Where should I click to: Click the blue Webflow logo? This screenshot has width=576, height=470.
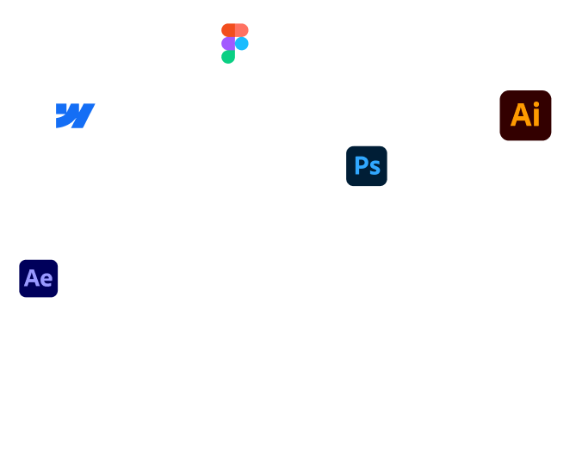click(75, 115)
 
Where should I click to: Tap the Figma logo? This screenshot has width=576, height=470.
click(234, 43)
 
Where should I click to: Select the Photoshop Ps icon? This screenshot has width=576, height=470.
click(367, 165)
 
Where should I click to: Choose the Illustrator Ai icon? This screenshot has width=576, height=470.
click(525, 115)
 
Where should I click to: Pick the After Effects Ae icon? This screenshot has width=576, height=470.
click(39, 278)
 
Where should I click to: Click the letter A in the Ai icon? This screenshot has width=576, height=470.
click(519, 115)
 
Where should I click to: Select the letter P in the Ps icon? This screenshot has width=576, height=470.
click(361, 164)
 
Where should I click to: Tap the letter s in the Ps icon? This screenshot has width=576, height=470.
click(374, 167)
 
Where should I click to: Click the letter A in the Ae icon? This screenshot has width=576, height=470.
click(33, 278)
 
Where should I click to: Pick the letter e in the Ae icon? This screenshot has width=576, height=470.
click(46, 280)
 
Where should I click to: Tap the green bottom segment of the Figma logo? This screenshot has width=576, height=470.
click(227, 57)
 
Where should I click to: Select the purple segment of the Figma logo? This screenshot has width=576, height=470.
click(227, 43)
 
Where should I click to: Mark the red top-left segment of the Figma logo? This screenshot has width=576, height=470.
click(227, 30)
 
